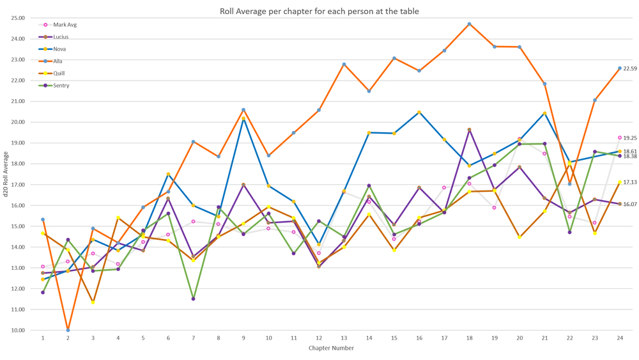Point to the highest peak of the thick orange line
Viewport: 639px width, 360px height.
click(470, 24)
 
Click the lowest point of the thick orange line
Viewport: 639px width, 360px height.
click(68, 329)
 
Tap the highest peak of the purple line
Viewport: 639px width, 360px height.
click(470, 131)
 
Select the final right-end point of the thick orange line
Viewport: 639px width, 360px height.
click(619, 68)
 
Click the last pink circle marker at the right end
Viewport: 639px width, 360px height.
click(619, 137)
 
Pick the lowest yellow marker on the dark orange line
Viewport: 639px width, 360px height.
click(93, 302)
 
